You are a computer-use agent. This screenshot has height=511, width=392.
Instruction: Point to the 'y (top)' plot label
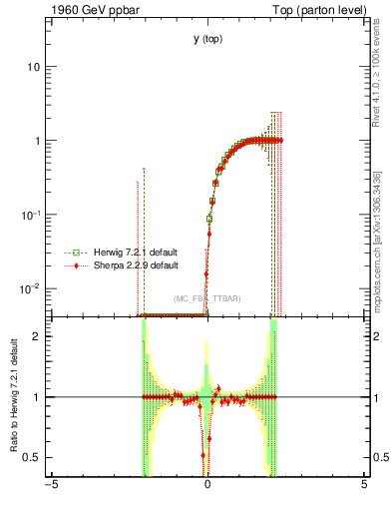pos(206,39)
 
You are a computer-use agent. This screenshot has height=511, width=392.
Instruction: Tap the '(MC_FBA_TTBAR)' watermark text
pos(206,298)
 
